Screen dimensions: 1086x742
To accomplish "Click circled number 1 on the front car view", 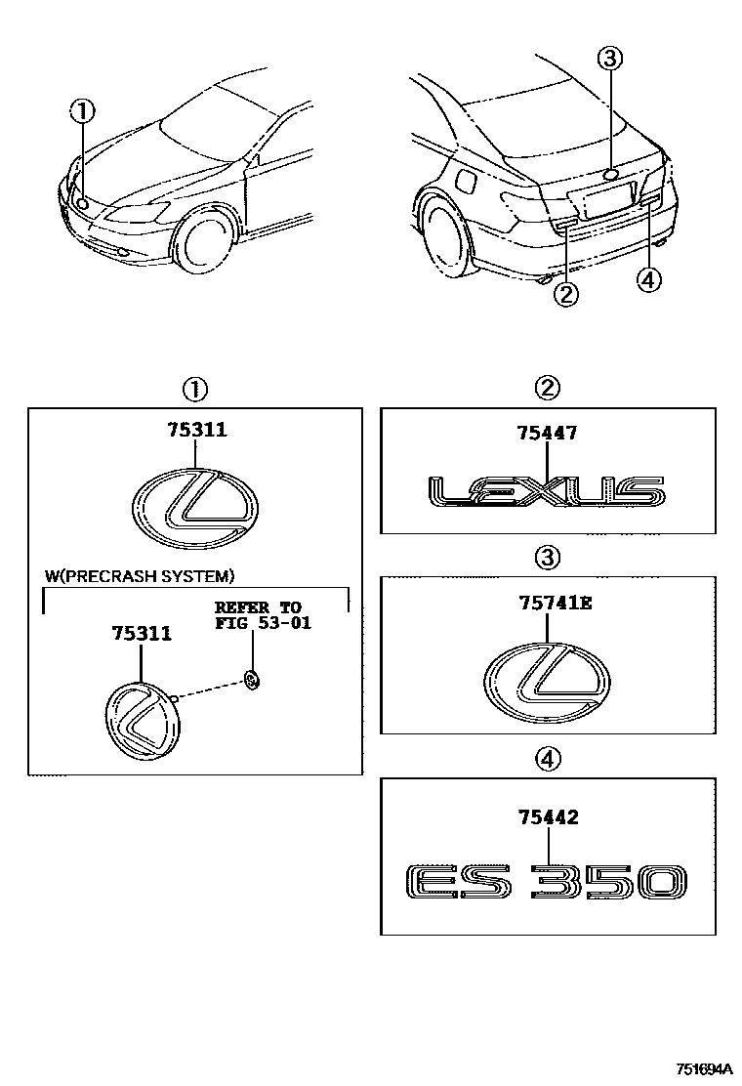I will [x=83, y=111].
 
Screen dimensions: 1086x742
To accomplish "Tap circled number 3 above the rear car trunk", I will [x=609, y=59].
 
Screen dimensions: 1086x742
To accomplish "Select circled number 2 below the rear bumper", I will [x=565, y=292].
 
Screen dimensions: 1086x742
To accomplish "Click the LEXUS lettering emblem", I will [x=547, y=493].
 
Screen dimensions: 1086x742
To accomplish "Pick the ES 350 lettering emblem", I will [x=546, y=881].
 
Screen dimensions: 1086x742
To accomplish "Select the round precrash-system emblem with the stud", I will [x=141, y=721].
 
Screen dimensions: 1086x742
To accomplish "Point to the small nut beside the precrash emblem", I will [x=250, y=680].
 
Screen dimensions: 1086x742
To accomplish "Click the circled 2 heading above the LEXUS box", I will [x=548, y=389].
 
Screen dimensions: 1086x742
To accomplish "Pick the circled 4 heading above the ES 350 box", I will [x=548, y=758].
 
